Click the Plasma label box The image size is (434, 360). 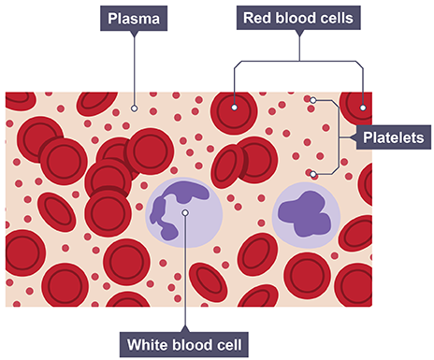(134, 18)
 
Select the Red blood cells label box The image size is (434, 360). (298, 18)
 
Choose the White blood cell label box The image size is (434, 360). (186, 344)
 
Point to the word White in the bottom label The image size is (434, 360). (152, 344)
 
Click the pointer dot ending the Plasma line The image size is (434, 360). (134, 108)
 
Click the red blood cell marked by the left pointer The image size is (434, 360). (234, 113)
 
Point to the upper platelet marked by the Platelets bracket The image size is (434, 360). (314, 100)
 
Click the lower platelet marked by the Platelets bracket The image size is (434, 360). (313, 174)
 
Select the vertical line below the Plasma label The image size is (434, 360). (134, 65)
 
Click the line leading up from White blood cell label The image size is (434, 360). (186, 271)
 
